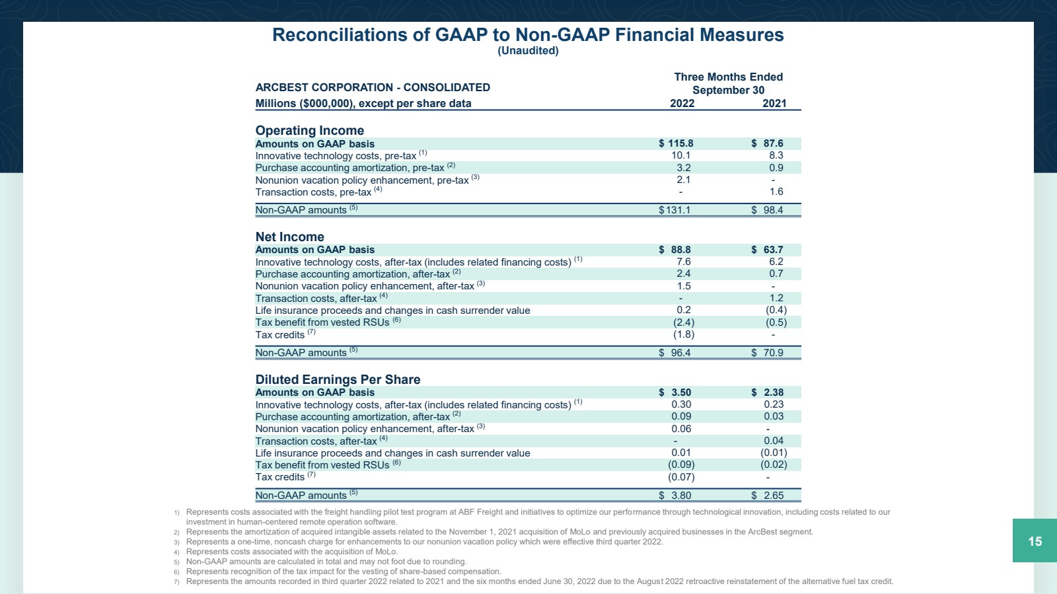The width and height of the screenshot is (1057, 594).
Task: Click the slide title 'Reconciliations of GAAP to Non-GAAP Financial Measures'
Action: (528, 35)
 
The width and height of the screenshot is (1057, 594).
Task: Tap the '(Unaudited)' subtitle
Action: (528, 50)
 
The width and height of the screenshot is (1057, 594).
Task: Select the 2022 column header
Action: (682, 103)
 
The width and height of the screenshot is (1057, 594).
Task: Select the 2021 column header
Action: (774, 103)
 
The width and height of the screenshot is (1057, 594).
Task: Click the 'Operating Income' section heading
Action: (310, 130)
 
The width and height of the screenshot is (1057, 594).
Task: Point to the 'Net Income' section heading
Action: (290, 237)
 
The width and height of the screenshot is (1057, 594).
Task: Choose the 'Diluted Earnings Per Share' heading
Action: (338, 379)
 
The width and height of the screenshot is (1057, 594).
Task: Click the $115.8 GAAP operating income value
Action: (676, 143)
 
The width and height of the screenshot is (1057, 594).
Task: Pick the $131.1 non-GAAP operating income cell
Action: (674, 210)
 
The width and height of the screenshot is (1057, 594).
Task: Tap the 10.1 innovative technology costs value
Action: (681, 155)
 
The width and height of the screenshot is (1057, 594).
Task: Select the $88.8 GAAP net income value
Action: (674, 250)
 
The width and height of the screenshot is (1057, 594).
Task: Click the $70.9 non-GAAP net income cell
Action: (767, 352)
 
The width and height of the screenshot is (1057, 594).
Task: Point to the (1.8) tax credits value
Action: (684, 334)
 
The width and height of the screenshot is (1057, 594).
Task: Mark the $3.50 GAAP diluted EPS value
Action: (674, 392)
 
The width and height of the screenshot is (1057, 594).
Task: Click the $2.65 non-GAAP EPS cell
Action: (767, 496)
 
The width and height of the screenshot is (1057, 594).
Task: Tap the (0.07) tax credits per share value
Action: (681, 477)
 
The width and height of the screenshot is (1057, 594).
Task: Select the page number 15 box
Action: (1035, 540)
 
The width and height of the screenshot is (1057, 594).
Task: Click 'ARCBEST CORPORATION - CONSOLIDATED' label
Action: (373, 87)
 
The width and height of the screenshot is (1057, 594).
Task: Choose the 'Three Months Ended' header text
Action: (728, 77)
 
